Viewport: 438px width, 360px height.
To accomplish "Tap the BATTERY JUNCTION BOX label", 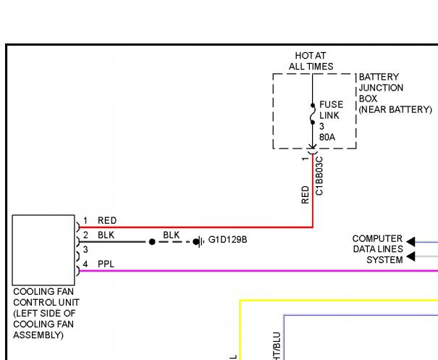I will (395, 93).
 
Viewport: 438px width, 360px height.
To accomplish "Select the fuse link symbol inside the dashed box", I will (312, 115).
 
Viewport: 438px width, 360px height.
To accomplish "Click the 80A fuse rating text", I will (328, 135).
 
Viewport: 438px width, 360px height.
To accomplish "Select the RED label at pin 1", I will (107, 221).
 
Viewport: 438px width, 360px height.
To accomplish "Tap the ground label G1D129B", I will (227, 239).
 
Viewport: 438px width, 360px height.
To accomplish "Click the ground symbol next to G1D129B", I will (199, 241).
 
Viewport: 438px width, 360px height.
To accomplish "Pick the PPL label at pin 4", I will (106, 264).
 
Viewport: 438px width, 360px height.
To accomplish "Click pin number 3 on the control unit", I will (85, 249).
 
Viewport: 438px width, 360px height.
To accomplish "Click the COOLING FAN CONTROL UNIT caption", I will (46, 314).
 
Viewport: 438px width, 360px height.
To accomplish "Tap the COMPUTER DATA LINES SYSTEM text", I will (377, 249).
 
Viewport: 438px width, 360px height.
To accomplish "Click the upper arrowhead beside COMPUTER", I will (410, 241).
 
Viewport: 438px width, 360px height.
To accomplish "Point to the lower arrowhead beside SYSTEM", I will (410, 256).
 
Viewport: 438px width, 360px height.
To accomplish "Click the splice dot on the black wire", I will (152, 242).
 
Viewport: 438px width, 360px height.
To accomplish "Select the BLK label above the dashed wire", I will (172, 235).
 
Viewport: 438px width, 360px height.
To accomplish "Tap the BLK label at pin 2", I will (106, 235).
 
